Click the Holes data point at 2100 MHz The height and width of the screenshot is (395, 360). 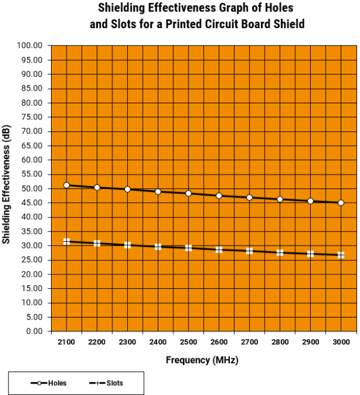[67, 185]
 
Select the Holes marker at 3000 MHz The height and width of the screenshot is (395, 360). [341, 203]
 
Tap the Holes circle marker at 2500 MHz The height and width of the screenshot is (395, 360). [188, 193]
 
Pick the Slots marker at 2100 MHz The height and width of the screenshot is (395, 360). [67, 241]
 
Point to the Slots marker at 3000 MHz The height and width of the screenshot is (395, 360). [341, 255]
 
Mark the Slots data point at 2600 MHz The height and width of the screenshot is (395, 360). [219, 249]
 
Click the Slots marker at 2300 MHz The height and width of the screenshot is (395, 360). [127, 245]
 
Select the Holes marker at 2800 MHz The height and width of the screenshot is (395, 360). [280, 199]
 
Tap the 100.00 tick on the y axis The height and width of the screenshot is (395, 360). [30, 46]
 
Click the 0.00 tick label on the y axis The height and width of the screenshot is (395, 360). [34, 331]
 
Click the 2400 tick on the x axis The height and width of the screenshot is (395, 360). [158, 342]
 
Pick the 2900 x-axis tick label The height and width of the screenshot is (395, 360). [310, 342]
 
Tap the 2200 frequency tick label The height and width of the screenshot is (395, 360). [97, 342]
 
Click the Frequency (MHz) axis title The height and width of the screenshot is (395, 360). [202, 360]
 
